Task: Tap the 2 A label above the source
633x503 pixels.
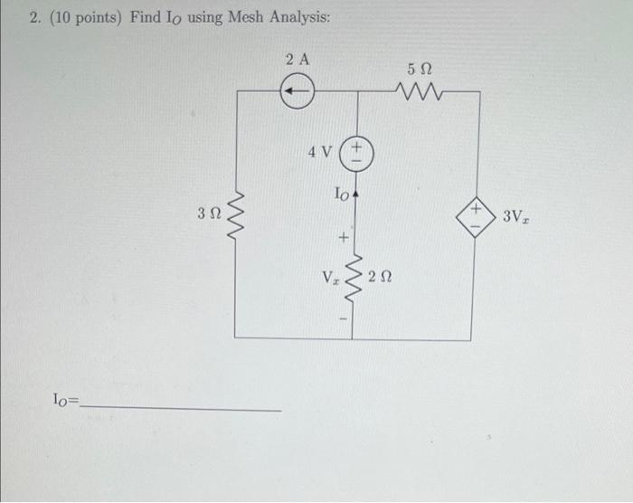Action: pyautogui.click(x=297, y=61)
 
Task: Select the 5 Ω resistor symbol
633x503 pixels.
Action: pyautogui.click(x=419, y=90)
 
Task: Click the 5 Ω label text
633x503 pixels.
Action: pyautogui.click(x=420, y=69)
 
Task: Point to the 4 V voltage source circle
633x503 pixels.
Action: pyautogui.click(x=356, y=151)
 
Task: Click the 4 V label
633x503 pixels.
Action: pyautogui.click(x=319, y=152)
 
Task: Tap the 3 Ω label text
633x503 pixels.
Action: pyautogui.click(x=208, y=214)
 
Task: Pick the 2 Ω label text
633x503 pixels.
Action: pyautogui.click(x=380, y=274)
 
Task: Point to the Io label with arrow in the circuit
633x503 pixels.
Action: pyautogui.click(x=345, y=195)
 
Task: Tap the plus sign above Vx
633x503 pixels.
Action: pyautogui.click(x=343, y=239)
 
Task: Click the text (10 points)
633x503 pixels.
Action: pyautogui.click(x=88, y=18)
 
